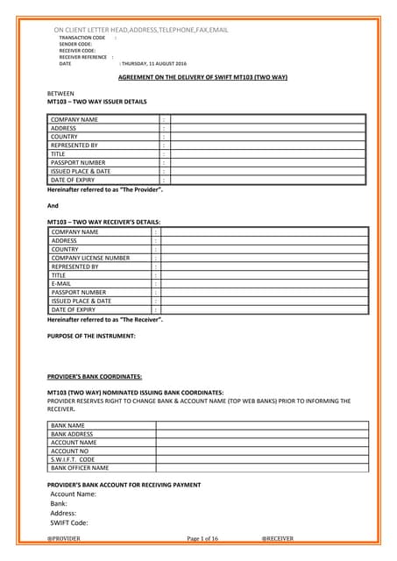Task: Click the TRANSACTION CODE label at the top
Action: (82, 39)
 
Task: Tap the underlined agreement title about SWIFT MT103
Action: (202, 77)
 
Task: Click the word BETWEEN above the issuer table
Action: (60, 93)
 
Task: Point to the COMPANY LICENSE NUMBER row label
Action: (90, 258)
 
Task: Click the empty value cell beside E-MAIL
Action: (264, 284)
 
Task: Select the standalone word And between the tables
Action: (52, 205)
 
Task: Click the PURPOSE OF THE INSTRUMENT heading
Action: (91, 336)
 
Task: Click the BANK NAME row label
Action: (67, 425)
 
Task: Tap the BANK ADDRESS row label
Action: (72, 434)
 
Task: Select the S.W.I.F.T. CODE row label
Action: (72, 459)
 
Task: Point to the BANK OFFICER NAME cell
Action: (79, 468)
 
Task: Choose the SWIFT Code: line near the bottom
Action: (69, 523)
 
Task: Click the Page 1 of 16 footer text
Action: (202, 537)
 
